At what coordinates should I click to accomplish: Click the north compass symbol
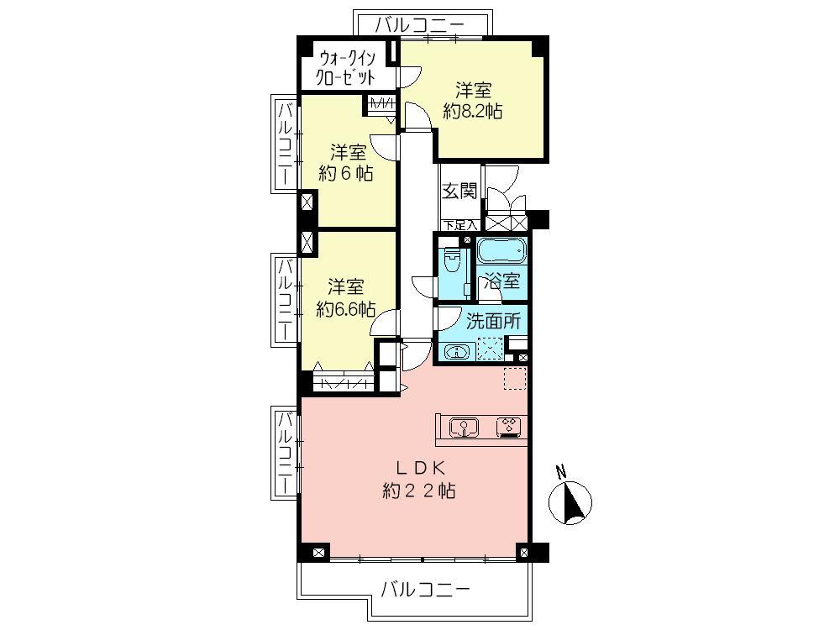click(570, 502)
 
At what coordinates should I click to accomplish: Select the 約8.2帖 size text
click(473, 111)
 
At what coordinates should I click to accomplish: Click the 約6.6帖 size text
click(345, 308)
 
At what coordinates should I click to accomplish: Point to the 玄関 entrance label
click(459, 191)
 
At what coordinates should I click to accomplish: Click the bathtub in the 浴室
click(501, 251)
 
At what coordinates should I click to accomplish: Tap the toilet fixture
click(453, 262)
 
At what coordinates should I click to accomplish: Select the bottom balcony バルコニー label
click(425, 589)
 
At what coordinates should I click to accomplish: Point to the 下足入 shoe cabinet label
click(460, 225)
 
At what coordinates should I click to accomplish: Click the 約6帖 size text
click(345, 174)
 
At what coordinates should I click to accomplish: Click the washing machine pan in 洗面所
click(490, 348)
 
